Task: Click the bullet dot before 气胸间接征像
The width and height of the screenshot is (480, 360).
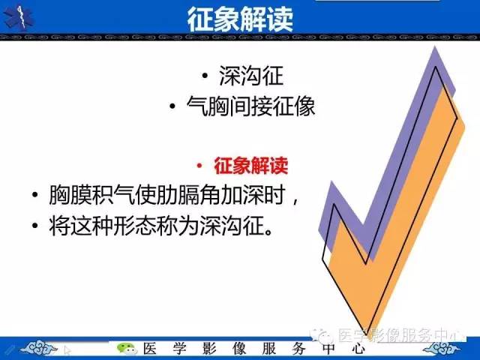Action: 173,106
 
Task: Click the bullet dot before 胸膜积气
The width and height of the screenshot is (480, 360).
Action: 35,196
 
